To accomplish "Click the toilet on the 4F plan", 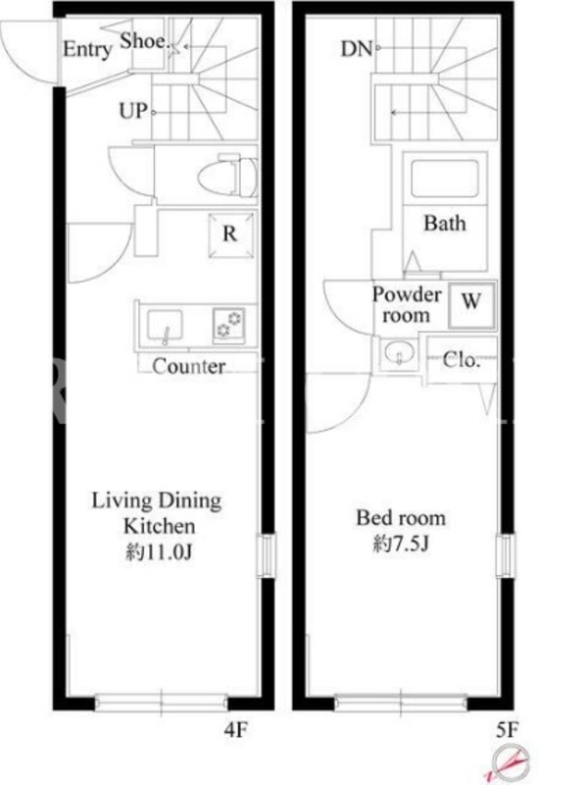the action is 227,177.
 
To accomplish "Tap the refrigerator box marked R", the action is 230,235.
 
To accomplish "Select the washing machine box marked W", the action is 471,305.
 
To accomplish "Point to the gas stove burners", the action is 229,325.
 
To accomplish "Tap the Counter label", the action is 188,366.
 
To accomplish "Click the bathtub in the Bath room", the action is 444,179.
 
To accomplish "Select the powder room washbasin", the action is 399,353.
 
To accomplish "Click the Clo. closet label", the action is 461,359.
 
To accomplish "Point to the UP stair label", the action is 133,111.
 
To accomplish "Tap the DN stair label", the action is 357,49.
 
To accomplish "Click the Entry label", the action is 87,50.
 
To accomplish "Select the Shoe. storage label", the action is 144,41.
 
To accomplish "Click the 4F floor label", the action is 235,730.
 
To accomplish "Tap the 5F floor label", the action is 507,730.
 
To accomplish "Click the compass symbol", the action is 509,763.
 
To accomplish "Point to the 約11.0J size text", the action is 159,551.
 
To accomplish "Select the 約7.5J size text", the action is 401,544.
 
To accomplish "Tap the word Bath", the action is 445,224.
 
